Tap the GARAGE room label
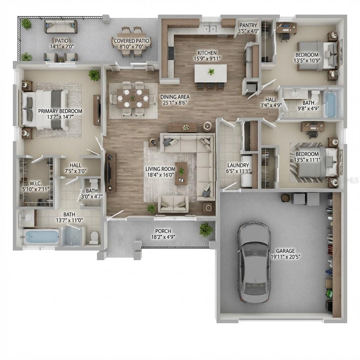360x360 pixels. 285,251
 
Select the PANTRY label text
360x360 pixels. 248,25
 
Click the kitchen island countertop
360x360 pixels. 210,73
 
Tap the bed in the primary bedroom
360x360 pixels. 45,109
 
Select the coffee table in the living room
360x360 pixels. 181,173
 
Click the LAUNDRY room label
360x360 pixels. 238,165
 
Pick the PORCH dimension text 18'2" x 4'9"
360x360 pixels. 163,237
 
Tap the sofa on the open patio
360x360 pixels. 60,26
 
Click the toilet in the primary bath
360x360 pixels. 94,237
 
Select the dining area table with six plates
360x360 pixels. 133,98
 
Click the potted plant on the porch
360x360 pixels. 206,229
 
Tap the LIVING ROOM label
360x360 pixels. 160,169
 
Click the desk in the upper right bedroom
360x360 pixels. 286,27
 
